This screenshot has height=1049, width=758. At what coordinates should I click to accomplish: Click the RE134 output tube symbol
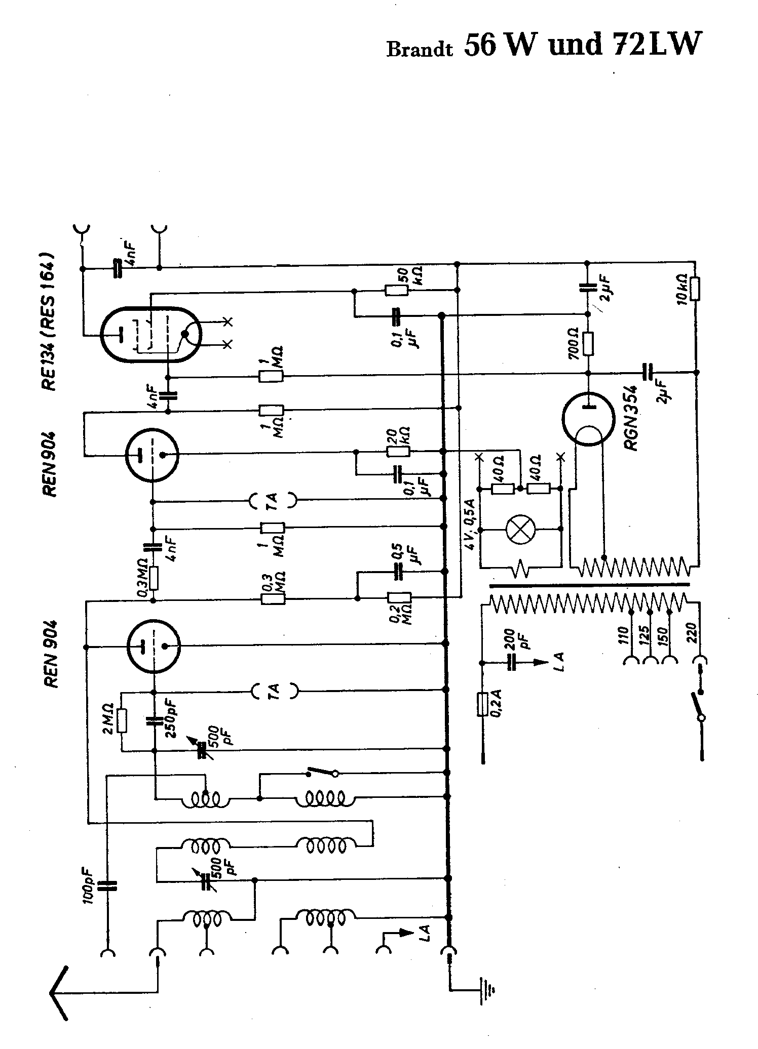[x=151, y=334]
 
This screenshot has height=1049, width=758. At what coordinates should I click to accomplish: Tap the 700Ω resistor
[x=588, y=344]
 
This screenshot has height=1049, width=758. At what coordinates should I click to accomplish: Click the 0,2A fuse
[x=482, y=705]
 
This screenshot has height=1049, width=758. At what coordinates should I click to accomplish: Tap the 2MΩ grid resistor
[x=122, y=721]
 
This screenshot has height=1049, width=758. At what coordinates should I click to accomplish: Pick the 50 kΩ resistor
[x=396, y=291]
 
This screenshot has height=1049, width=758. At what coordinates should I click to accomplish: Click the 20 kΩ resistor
[x=399, y=451]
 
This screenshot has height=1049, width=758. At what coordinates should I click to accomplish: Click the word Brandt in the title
[x=419, y=50]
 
